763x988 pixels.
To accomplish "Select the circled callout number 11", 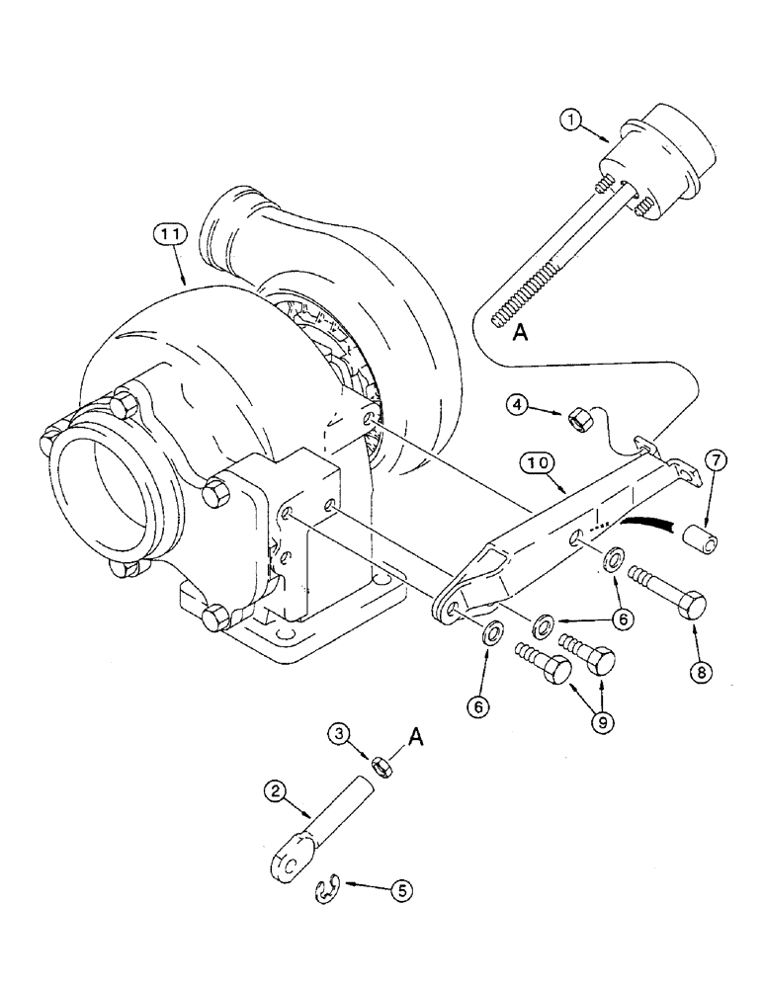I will pyautogui.click(x=169, y=237).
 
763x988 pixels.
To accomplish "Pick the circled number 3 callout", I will pyautogui.click(x=340, y=732).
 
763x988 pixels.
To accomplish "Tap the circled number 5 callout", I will pyautogui.click(x=399, y=889).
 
